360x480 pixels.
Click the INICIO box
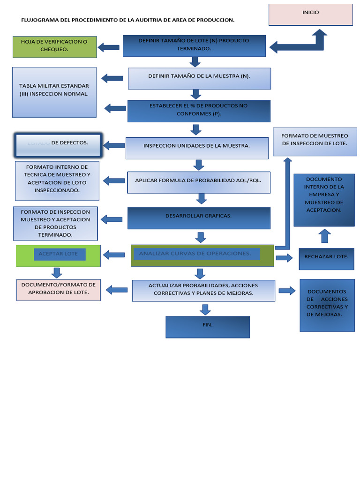pyautogui.click(x=310, y=15)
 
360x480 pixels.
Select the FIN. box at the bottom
pyautogui.click(x=207, y=327)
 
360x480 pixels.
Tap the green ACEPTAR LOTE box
pyautogui.click(x=58, y=255)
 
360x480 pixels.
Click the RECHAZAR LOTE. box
pyautogui.click(x=326, y=257)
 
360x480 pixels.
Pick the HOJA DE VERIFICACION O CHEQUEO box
pyautogui.click(x=54, y=47)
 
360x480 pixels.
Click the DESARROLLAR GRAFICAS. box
pyautogui.click(x=199, y=218)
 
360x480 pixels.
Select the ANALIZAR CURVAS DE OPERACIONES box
pyautogui.click(x=202, y=255)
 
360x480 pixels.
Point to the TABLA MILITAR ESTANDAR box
pyautogui.click(x=54, y=92)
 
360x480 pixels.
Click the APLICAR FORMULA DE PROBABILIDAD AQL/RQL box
pyautogui.click(x=199, y=182)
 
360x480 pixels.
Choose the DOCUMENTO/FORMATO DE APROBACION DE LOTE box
pyautogui.click(x=59, y=290)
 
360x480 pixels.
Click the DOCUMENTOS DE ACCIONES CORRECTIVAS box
pyautogui.click(x=327, y=305)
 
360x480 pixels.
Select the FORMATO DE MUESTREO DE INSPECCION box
pyautogui.click(x=315, y=142)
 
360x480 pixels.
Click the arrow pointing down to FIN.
pyautogui.click(x=205, y=309)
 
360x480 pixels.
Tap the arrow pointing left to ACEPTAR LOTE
pyautogui.click(x=113, y=255)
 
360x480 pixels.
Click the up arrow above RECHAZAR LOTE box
pyautogui.click(x=324, y=236)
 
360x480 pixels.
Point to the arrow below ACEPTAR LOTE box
pyautogui.click(x=57, y=272)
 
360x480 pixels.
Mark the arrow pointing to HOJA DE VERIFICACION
pyautogui.click(x=108, y=47)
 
